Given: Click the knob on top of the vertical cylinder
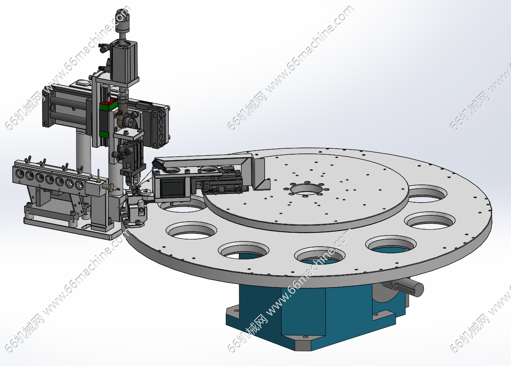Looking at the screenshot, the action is click(122, 21).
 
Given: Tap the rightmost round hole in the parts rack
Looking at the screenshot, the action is click(79, 184).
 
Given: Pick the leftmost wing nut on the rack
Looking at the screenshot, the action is click(29, 159).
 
